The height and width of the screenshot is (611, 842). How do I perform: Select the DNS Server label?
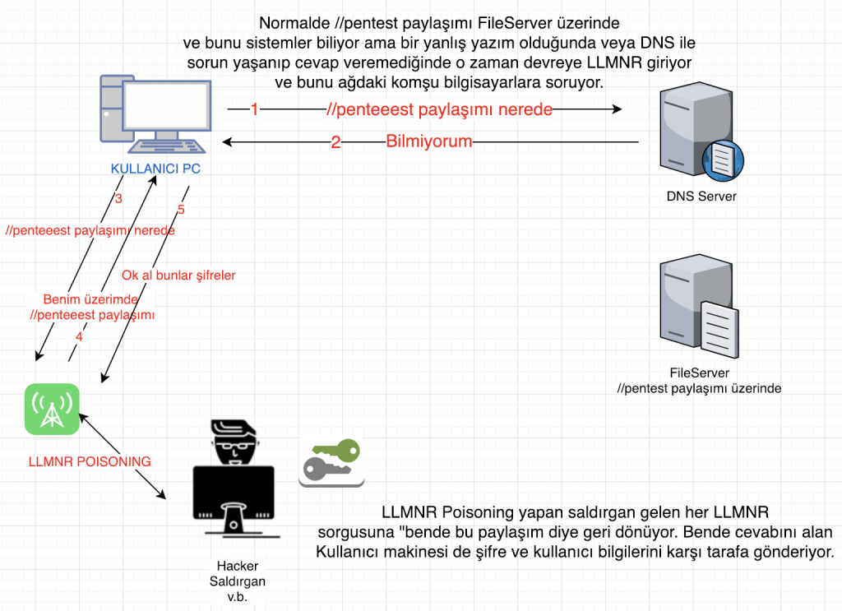point(701,197)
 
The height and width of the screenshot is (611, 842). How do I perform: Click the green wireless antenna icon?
point(51,409)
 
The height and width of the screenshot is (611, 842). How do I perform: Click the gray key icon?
point(326,470)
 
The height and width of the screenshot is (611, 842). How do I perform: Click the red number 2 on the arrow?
point(335,142)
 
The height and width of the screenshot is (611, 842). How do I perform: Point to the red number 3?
point(118,199)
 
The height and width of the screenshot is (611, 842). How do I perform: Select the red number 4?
point(79,336)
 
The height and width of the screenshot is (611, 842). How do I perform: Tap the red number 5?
point(181,210)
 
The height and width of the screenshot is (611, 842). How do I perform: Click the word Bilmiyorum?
point(429,141)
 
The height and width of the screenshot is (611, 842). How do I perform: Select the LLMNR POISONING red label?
point(90,461)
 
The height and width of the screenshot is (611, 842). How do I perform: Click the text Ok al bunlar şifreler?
point(178,275)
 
